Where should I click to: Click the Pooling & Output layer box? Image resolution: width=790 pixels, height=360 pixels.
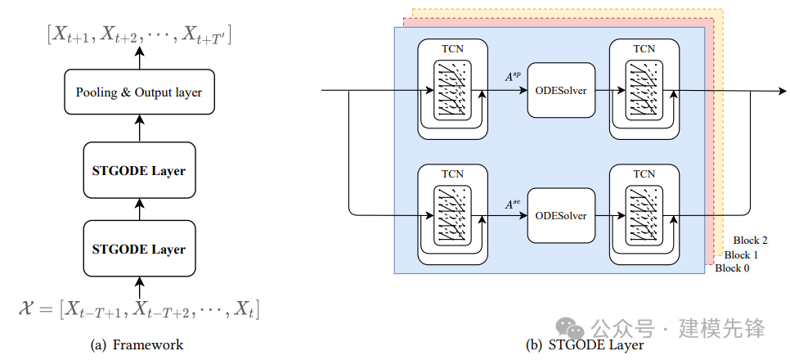point(139,92)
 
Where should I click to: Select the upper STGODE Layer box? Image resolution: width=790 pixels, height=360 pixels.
point(139,170)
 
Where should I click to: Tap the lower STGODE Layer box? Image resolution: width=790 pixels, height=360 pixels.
point(139,249)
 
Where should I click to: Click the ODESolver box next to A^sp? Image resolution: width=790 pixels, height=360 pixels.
point(561,91)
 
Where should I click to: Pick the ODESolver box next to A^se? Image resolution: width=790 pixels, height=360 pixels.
point(561,215)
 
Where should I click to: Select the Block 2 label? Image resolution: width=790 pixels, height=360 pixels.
point(750,241)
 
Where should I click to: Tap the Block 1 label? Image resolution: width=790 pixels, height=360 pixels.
point(741,254)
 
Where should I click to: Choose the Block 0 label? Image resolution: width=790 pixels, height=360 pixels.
point(732,268)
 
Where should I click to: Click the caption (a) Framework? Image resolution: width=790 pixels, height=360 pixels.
point(137,345)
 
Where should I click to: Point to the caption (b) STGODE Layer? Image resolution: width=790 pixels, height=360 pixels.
point(585,345)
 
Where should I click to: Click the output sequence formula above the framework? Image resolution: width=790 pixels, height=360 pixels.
point(139,34)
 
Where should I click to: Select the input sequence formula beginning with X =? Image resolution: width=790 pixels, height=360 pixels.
point(138,308)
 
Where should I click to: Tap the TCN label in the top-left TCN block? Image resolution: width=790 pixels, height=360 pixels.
point(452,49)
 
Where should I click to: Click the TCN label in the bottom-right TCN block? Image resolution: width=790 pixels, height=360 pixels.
point(644,174)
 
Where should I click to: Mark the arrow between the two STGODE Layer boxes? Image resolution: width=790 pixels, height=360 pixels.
point(139,209)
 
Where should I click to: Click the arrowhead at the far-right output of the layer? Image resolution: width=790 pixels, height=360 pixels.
point(782,91)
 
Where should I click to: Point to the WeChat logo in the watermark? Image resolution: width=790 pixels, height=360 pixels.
point(569,328)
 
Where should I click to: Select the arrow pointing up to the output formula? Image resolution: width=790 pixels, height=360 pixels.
point(139,58)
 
